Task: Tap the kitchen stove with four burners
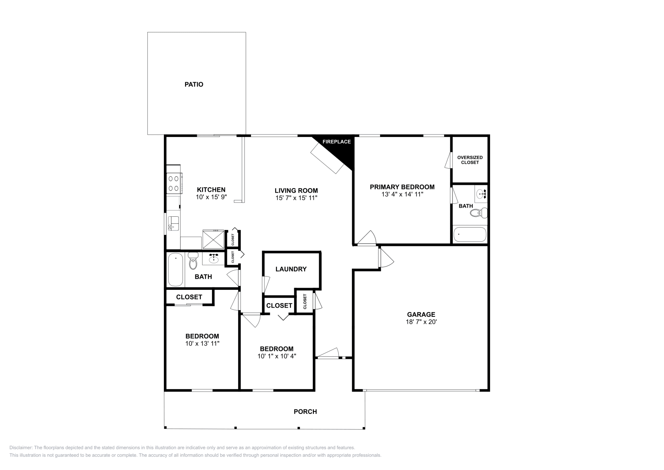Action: (x=174, y=183)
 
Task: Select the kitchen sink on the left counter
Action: (x=173, y=223)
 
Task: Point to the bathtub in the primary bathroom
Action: (x=470, y=235)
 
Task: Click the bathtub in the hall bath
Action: (x=176, y=269)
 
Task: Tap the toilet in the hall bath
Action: (x=193, y=262)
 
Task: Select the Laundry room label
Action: (x=291, y=269)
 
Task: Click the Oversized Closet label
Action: (x=470, y=160)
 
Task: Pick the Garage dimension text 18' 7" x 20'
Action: (x=421, y=322)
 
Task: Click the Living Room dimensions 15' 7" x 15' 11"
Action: (x=296, y=198)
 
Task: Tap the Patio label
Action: (x=194, y=84)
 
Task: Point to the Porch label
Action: (x=305, y=411)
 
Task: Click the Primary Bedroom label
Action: (x=402, y=187)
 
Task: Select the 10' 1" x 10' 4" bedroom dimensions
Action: (x=277, y=356)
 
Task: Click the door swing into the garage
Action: (x=386, y=258)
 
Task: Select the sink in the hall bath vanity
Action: (x=214, y=259)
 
